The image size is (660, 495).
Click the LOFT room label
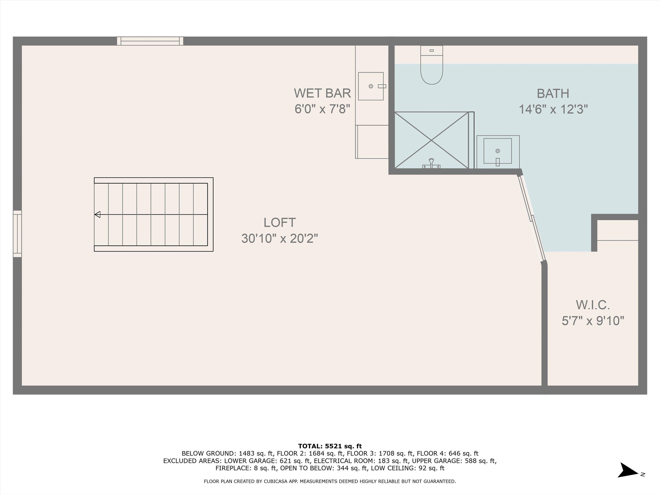(x=280, y=223)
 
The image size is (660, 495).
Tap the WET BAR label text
(x=322, y=93)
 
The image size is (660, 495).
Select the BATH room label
(x=553, y=94)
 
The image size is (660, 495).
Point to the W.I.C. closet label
(x=593, y=305)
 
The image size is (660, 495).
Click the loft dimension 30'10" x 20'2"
(x=280, y=239)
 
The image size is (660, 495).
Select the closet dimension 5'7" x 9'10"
(x=593, y=321)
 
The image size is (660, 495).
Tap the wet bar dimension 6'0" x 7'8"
(x=322, y=109)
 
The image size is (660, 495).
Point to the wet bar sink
(x=371, y=86)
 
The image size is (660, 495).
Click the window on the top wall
(x=150, y=41)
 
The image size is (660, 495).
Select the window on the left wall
(x=17, y=234)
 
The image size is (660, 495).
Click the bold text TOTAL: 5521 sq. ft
(x=330, y=446)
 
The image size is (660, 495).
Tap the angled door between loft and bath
(x=532, y=218)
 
